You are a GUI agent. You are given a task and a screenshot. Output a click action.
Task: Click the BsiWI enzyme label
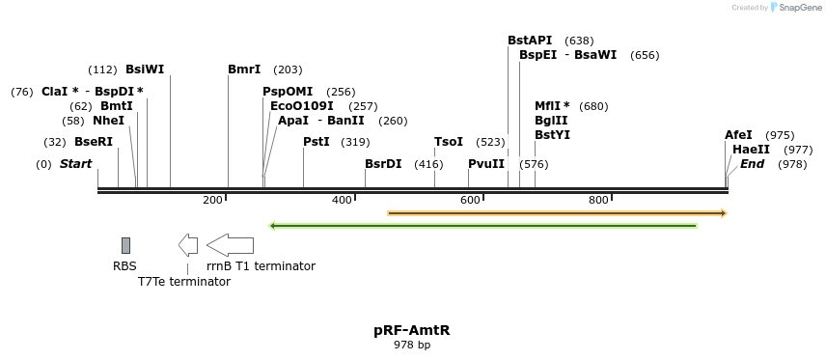pos(145,69)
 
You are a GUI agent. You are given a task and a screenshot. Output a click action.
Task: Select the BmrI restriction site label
pos(244,69)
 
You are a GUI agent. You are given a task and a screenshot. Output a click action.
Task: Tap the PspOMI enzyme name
pos(288,92)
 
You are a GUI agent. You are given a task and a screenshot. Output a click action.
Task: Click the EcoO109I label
pos(302,106)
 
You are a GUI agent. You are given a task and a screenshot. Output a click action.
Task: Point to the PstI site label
pos(317,142)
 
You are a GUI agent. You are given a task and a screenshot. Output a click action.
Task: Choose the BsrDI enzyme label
pos(383,164)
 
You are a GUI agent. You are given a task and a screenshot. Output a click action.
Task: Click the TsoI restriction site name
pos(449,142)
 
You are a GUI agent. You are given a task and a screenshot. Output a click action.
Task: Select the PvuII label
pos(486,164)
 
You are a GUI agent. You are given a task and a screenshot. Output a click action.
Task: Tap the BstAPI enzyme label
pos(530,41)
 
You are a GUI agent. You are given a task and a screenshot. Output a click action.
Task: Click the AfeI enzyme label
pos(738,135)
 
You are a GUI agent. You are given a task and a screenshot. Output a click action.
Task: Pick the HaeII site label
pos(751,150)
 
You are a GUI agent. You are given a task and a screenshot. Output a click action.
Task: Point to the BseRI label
pos(94,142)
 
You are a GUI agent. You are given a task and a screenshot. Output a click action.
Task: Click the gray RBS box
pos(125,245)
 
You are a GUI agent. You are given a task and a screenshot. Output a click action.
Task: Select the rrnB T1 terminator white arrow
pos(230,245)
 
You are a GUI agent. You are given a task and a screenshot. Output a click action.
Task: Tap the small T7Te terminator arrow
pos(188,245)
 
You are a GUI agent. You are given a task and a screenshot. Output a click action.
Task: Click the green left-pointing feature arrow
pos(482,226)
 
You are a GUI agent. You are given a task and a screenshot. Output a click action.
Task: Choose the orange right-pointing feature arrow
pos(557,212)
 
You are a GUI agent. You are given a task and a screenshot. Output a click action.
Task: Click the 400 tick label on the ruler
pos(342,200)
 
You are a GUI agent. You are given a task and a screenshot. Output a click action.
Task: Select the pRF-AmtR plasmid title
pos(412,330)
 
